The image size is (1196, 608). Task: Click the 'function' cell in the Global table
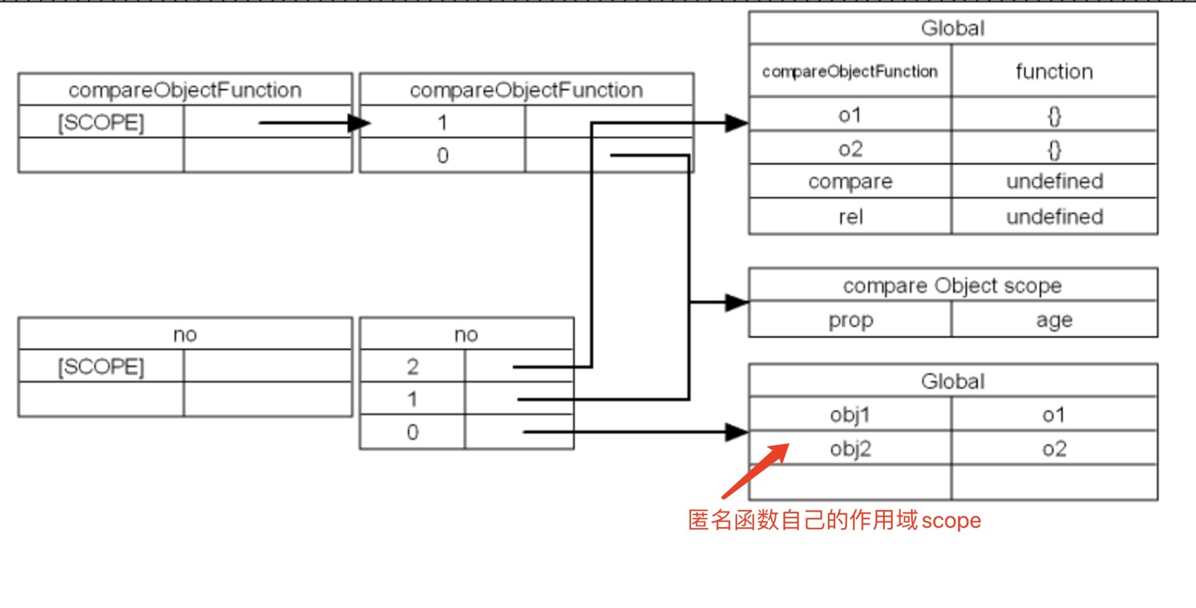point(1054,72)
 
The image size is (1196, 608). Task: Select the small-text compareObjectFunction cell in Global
point(850,72)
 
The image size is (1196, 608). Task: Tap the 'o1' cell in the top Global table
point(850,115)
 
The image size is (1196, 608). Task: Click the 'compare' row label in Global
point(850,181)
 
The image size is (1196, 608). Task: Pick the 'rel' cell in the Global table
point(850,217)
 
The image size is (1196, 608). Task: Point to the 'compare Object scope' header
point(952,285)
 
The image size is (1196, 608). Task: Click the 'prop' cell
point(850,320)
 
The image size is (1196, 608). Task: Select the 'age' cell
point(1054,320)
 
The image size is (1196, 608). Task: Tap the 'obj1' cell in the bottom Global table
point(850,415)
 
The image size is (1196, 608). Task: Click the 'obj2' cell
point(850,449)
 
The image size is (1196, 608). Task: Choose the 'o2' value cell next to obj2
point(1054,449)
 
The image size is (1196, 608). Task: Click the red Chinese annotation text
point(834,521)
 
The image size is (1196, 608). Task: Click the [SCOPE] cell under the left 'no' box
point(100,367)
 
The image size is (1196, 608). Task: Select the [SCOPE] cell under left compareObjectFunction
point(100,124)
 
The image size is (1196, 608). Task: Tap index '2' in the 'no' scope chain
point(412,367)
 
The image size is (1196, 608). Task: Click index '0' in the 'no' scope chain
point(412,433)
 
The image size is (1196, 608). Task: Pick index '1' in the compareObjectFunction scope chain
point(442,123)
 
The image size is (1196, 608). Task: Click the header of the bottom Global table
point(952,381)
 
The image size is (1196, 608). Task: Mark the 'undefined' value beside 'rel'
point(1054,217)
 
